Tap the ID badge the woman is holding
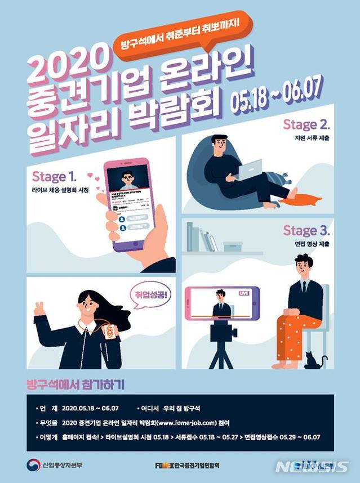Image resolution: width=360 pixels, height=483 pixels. (x=110, y=332)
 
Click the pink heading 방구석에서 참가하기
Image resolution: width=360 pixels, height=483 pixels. (x=75, y=385)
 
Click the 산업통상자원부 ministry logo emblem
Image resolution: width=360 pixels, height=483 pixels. (x=34, y=465)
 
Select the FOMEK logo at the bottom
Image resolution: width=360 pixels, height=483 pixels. (x=167, y=466)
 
